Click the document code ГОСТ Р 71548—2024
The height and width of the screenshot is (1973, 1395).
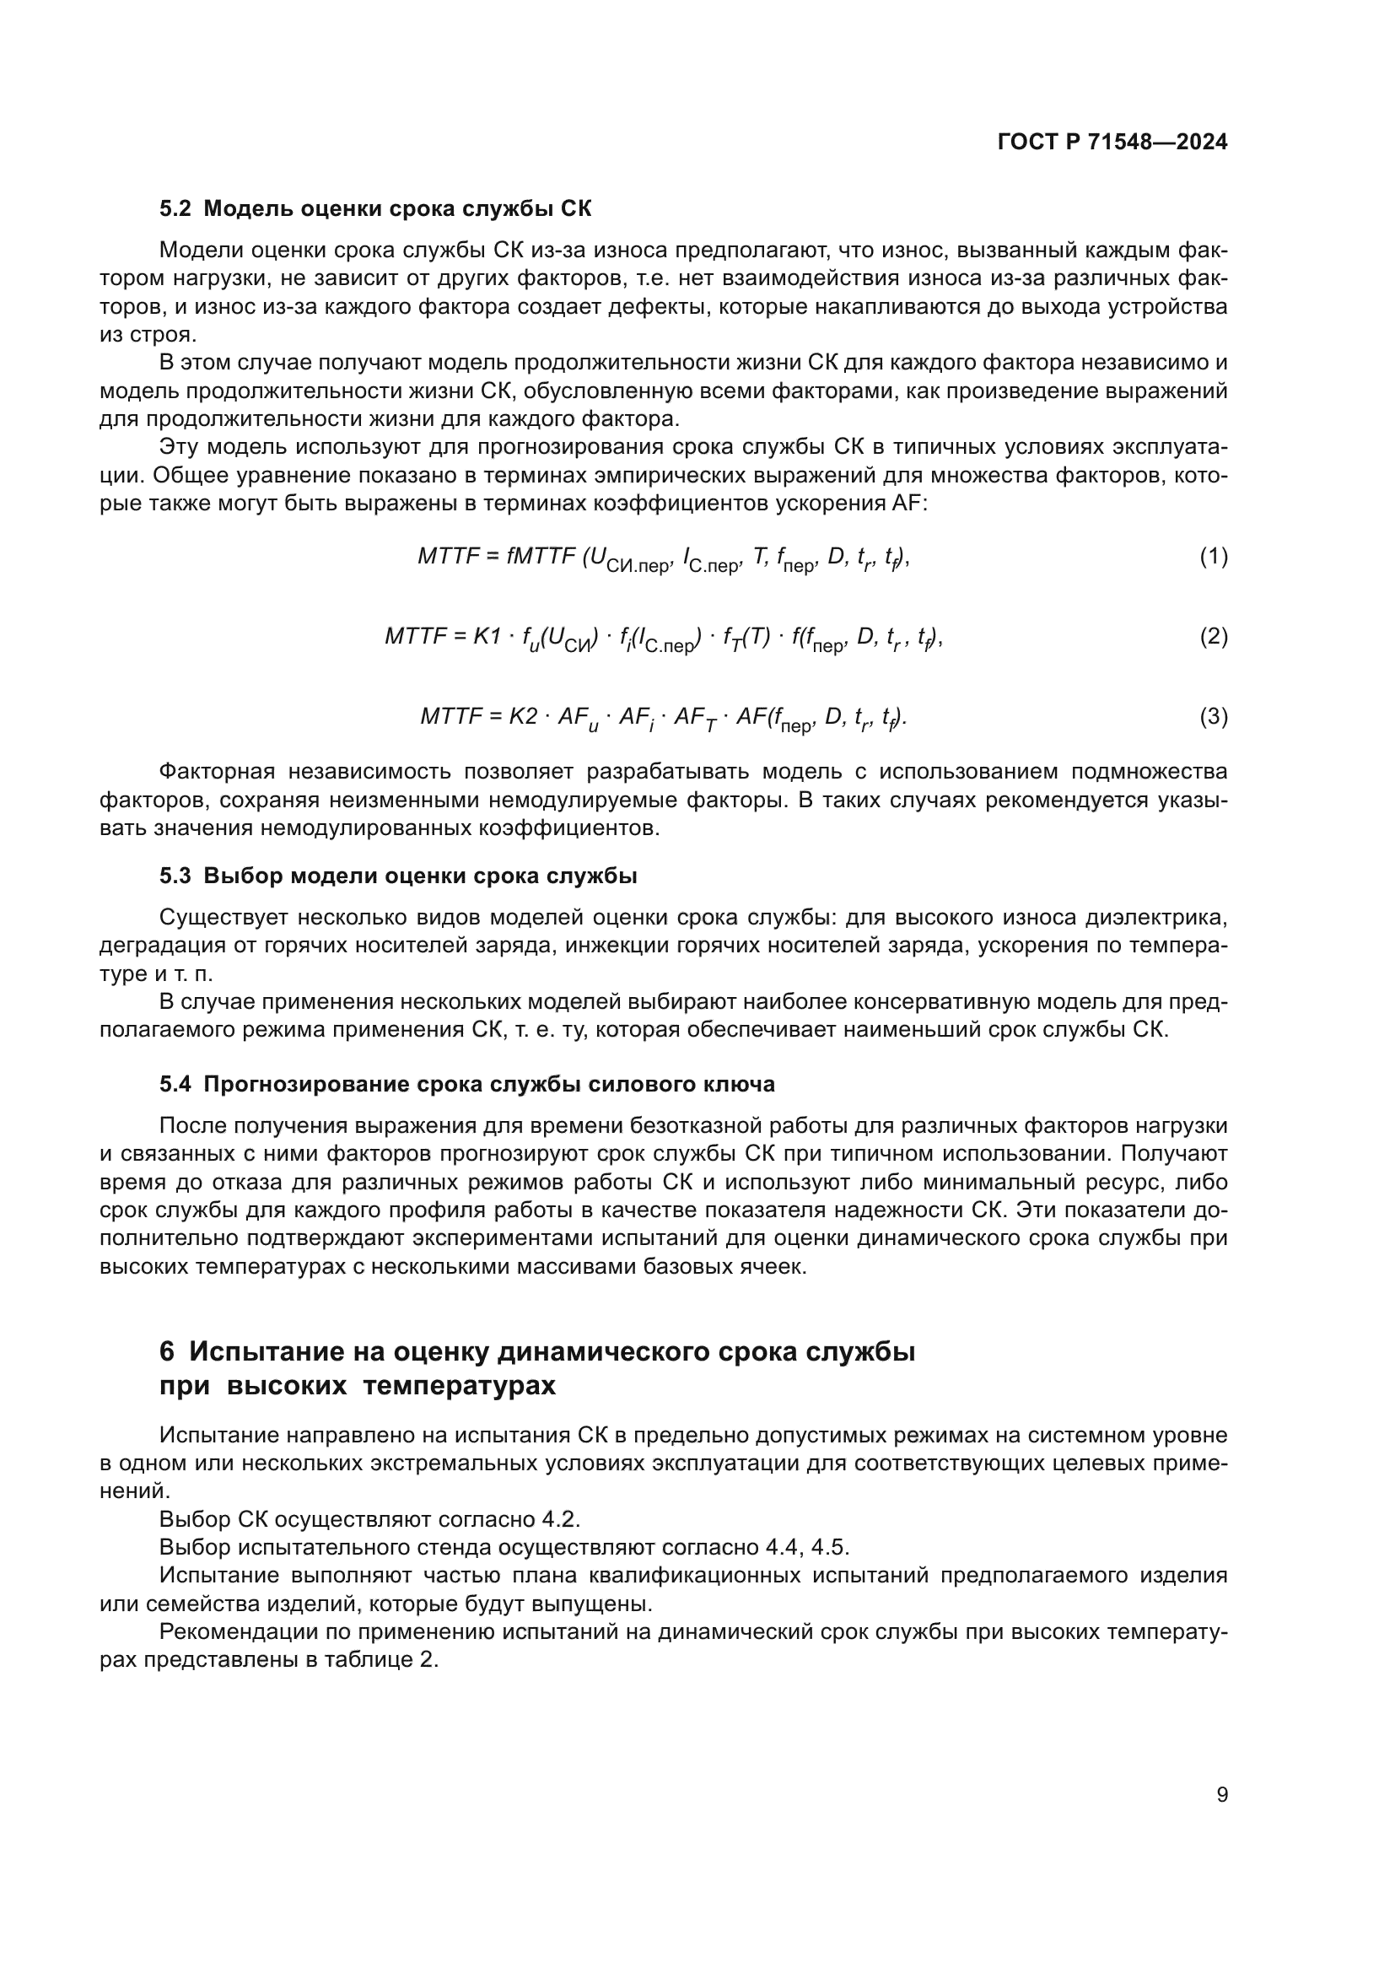tap(1112, 143)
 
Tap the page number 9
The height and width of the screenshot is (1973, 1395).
tap(1222, 1794)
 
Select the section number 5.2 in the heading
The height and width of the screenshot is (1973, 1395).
tap(175, 209)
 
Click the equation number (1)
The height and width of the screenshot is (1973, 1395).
tap(1213, 557)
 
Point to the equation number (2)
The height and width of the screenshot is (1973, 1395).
tap(1213, 637)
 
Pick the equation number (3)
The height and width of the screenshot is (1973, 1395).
tap(1213, 717)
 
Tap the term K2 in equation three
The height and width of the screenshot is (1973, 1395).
tap(523, 717)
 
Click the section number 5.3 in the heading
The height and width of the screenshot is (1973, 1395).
tap(175, 876)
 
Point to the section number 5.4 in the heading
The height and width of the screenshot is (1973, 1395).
tap(175, 1085)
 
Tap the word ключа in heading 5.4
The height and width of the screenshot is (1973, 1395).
tap(744, 1085)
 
